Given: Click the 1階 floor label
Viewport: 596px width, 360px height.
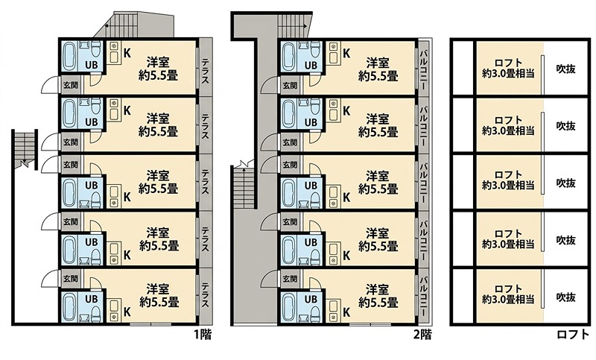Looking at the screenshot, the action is [x=203, y=335].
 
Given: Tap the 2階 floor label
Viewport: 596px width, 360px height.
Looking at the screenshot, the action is [x=422, y=335].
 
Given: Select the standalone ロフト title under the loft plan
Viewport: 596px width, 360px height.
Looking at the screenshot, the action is [x=573, y=335].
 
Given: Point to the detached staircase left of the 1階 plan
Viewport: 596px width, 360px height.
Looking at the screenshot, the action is [x=25, y=149].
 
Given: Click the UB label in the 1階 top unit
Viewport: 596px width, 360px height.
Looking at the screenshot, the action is [x=91, y=65].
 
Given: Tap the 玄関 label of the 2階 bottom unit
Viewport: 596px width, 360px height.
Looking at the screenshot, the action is [x=290, y=279].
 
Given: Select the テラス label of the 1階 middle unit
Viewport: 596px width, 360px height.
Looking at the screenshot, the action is [x=206, y=181].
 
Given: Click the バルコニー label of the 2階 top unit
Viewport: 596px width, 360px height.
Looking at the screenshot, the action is [x=423, y=68].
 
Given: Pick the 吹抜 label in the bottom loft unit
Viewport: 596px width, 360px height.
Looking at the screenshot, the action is [x=566, y=297].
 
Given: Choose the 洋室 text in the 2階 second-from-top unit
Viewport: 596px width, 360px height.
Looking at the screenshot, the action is [x=378, y=119].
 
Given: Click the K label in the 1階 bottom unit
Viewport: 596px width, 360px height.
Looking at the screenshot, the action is [x=127, y=312].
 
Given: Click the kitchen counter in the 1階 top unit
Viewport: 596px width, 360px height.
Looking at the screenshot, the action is [x=115, y=52].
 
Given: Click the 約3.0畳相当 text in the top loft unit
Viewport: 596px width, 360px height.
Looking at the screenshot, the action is [x=508, y=74].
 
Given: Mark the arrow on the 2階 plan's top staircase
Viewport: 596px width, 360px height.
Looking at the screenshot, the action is [x=293, y=26].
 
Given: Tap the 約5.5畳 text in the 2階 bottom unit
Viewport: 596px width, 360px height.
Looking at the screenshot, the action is [x=378, y=303].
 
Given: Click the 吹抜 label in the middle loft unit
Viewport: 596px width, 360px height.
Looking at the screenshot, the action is [x=566, y=183].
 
